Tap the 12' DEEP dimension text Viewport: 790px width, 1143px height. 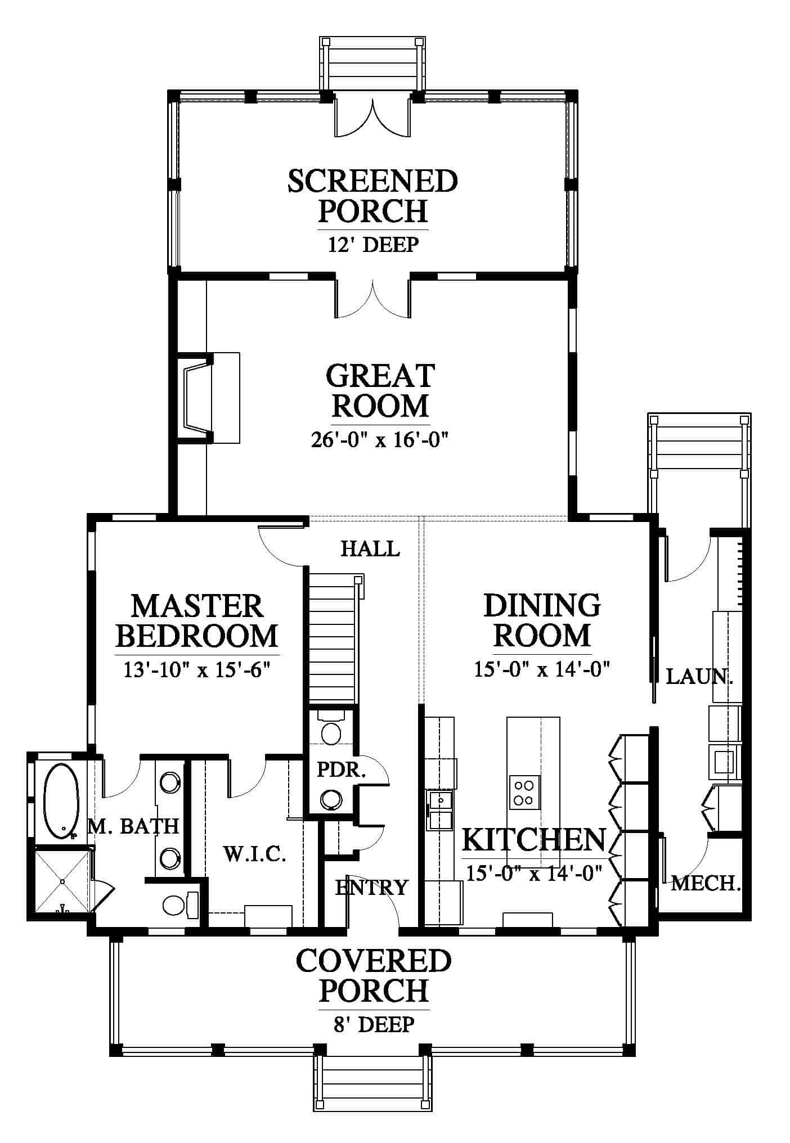[373, 245]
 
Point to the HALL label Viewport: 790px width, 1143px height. [370, 548]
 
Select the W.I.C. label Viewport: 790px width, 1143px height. [255, 855]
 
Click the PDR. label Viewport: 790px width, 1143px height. [341, 769]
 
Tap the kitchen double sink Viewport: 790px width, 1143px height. [441, 810]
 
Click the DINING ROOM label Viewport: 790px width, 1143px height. [542, 620]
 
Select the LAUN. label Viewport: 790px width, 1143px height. [699, 676]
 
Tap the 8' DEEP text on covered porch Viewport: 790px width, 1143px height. [374, 1024]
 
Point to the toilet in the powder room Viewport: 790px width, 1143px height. [330, 729]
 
